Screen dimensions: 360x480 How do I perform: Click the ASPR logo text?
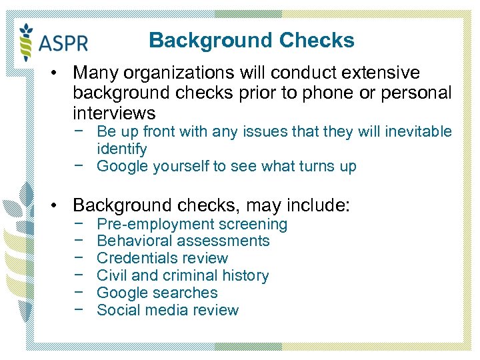(64, 43)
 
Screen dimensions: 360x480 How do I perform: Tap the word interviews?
(114, 113)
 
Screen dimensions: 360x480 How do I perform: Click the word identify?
(121, 149)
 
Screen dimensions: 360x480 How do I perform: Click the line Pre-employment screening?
(192, 224)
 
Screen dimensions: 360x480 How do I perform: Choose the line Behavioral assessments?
(183, 241)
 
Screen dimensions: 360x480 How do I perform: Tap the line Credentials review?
(162, 259)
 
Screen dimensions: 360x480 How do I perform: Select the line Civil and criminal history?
(183, 276)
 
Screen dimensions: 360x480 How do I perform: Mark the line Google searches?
(157, 293)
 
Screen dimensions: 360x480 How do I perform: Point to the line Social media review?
(167, 311)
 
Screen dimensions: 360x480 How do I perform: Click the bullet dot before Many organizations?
(60, 72)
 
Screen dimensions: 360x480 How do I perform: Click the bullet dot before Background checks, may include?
(60, 205)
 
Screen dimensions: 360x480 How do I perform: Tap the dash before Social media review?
(79, 311)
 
